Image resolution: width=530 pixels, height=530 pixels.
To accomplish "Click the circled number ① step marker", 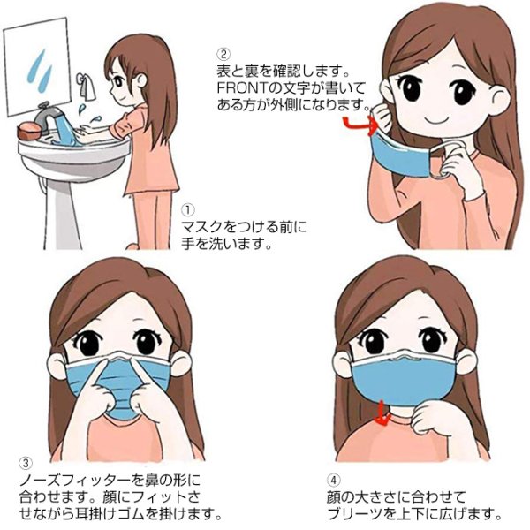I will pyautogui.click(x=188, y=210).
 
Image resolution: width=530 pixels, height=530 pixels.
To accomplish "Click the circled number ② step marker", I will pyautogui.click(x=224, y=50).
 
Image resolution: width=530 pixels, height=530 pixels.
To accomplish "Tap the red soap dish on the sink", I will pyautogui.click(x=29, y=130).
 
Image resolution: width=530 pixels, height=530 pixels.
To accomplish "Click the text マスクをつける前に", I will pyautogui.click(x=242, y=227).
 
